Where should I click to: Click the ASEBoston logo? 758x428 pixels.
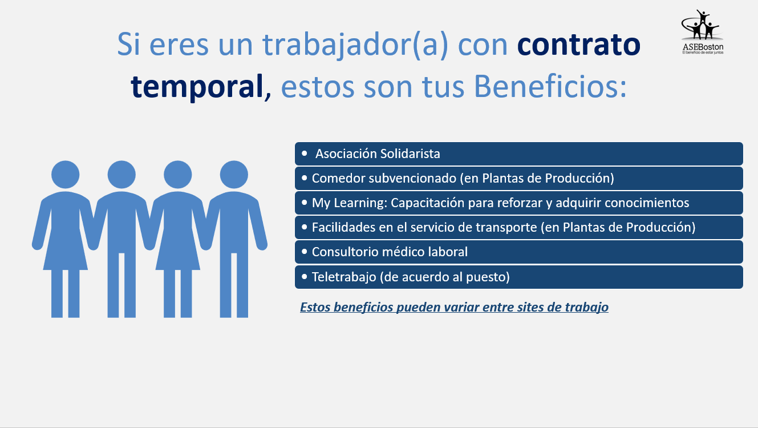pyautogui.click(x=703, y=32)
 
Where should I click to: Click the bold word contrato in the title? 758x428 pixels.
pyautogui.click(x=579, y=45)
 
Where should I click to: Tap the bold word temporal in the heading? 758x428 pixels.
pyautogui.click(x=197, y=86)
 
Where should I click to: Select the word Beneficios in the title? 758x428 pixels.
pyautogui.click(x=550, y=86)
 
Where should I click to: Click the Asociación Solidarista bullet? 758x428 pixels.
pyautogui.click(x=519, y=154)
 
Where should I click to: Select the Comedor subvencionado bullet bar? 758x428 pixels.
pyautogui.click(x=519, y=178)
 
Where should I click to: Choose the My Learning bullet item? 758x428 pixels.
pyautogui.click(x=519, y=203)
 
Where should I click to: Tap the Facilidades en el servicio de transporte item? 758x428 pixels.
pyautogui.click(x=519, y=227)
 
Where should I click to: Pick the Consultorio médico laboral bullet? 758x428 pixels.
pyautogui.click(x=519, y=252)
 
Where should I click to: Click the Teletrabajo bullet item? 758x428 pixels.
pyautogui.click(x=519, y=277)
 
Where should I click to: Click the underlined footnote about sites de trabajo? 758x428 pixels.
pyautogui.click(x=454, y=307)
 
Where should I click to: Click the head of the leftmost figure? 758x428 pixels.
pyautogui.click(x=66, y=175)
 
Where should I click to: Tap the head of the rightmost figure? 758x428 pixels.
pyautogui.click(x=234, y=175)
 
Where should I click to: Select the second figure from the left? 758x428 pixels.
pyautogui.click(x=121, y=239)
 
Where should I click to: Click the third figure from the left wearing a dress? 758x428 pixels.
pyautogui.click(x=177, y=239)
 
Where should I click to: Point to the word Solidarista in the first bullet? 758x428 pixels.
pyautogui.click(x=410, y=154)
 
